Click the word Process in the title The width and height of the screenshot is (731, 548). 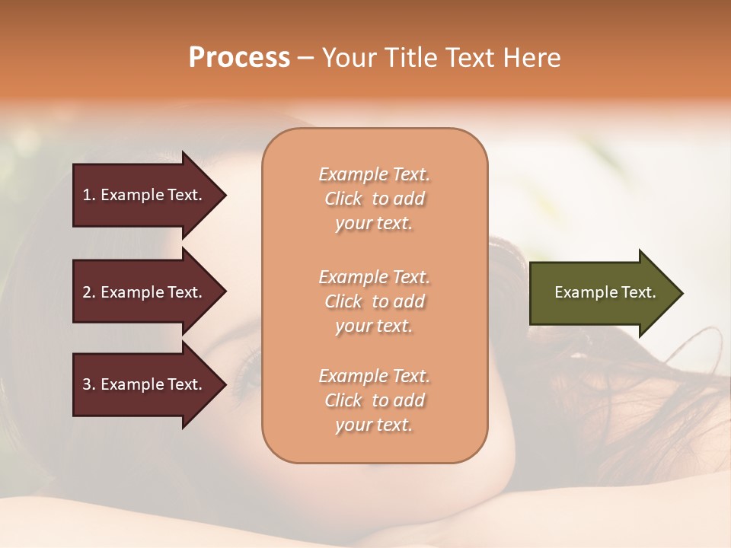pyautogui.click(x=239, y=58)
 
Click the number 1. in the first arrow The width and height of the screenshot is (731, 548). pyautogui.click(x=89, y=195)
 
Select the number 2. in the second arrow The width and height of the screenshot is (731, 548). pyautogui.click(x=89, y=292)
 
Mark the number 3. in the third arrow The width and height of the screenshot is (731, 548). pyautogui.click(x=89, y=384)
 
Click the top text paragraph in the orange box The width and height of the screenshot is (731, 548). pyautogui.click(x=374, y=199)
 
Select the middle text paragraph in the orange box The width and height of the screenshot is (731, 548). pyautogui.click(x=374, y=301)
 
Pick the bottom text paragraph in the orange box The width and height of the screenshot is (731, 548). pyautogui.click(x=374, y=400)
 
